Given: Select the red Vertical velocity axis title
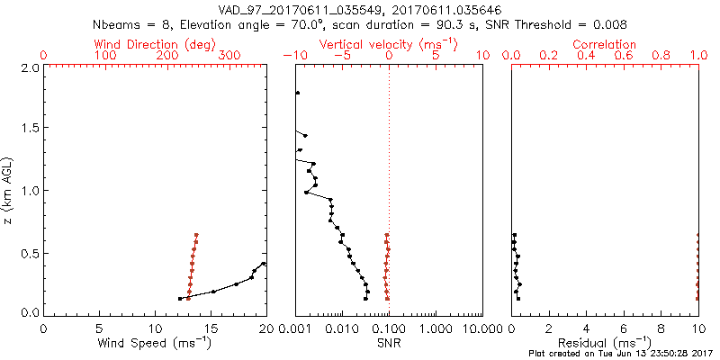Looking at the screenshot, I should tap(388, 44).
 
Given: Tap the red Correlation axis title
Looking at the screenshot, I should tap(605, 44).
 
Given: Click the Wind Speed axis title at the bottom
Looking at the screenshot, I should tap(155, 343).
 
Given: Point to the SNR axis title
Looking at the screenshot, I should tap(389, 343).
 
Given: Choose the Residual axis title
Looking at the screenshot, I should tap(605, 343).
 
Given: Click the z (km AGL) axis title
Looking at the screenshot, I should tap(9, 190).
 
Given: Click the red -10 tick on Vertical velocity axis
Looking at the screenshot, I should tap(294, 56).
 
